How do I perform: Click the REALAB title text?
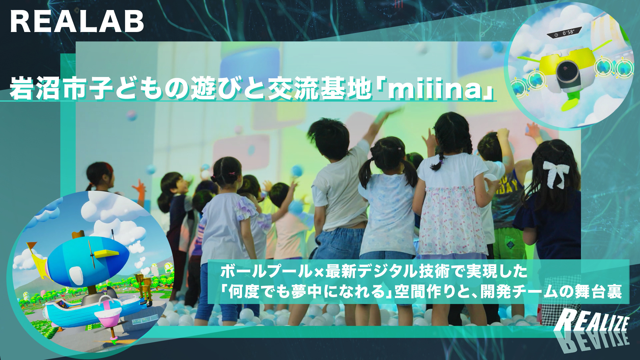point(77,21)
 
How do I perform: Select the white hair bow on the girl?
point(556,173)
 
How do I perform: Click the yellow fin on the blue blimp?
point(106,254)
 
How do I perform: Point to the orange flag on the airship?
point(32,246)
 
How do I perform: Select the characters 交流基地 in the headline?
point(320,89)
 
